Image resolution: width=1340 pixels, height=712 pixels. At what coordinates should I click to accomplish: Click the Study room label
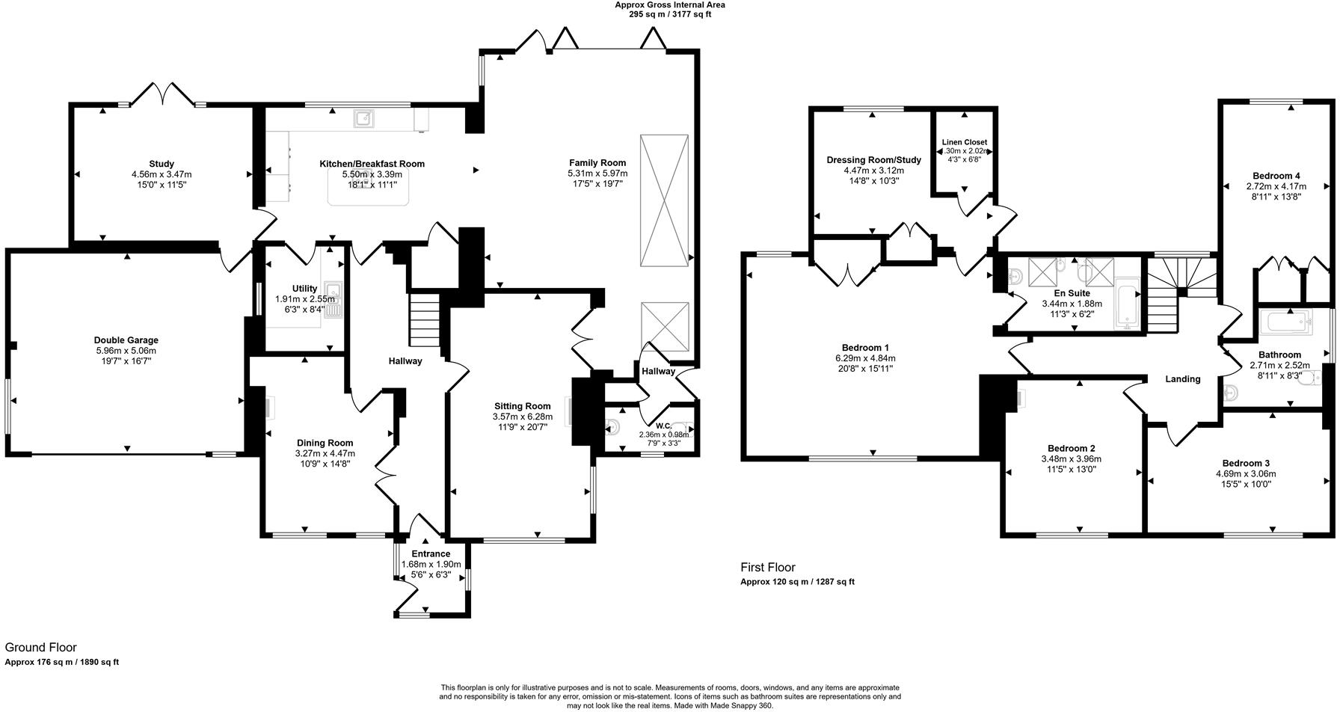click(x=162, y=164)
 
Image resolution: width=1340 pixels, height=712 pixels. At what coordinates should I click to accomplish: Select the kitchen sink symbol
click(x=364, y=118)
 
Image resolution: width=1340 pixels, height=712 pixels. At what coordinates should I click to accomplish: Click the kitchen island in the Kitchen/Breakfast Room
click(x=369, y=187)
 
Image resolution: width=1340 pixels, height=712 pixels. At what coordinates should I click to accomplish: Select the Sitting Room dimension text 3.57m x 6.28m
click(x=523, y=417)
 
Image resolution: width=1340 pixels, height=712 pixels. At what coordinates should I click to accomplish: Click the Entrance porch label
click(x=431, y=554)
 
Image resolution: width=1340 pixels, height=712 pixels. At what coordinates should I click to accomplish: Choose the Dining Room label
click(x=325, y=443)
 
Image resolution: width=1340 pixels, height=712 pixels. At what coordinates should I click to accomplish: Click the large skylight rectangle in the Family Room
click(x=664, y=200)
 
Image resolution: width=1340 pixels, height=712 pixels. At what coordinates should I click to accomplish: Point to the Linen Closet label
click(x=965, y=142)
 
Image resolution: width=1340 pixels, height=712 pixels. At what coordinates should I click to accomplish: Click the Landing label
click(x=1182, y=379)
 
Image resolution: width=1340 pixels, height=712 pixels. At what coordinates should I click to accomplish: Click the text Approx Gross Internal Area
click(x=669, y=4)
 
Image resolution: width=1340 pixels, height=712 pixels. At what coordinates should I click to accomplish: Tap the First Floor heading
click(x=768, y=568)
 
